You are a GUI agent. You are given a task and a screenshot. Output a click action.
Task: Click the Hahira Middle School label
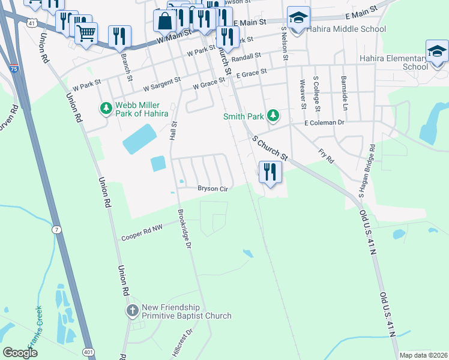pyautogui.click(x=346, y=29)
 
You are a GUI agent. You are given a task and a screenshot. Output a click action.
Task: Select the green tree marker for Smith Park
pyautogui.click(x=274, y=115)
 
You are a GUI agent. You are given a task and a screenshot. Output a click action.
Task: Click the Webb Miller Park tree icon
pyautogui.click(x=106, y=108)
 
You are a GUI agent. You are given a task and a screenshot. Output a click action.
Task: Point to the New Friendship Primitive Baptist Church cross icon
pyautogui.click(x=133, y=311)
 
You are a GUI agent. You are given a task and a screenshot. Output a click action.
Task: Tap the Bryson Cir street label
pyautogui.click(x=213, y=188)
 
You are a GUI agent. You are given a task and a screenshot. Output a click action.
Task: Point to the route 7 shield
pyautogui.click(x=56, y=230)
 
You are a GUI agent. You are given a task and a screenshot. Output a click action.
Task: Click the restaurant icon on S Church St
pyautogui.click(x=271, y=172)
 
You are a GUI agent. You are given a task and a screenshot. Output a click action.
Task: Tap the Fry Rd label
pyautogui.click(x=326, y=158)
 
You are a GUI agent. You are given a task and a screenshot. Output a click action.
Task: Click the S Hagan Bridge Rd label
pyautogui.click(x=366, y=171)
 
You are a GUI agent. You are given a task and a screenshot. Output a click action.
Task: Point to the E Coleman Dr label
pyautogui.click(x=324, y=122)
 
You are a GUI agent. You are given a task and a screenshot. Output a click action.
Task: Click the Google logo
pyautogui.click(x=20, y=353)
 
